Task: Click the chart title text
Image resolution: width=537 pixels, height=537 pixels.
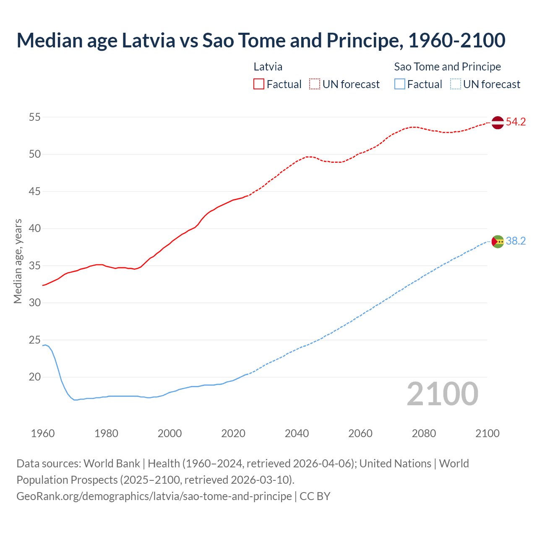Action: [x=261, y=40]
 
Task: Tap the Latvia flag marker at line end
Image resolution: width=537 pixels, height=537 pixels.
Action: [x=497, y=123]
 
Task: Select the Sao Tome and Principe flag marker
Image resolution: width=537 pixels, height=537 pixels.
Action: [x=497, y=241]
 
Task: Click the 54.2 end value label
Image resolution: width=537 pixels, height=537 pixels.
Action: [x=516, y=122]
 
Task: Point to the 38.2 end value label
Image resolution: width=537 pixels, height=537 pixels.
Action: [x=516, y=241]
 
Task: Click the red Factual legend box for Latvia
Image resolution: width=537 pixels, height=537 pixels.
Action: [x=259, y=84]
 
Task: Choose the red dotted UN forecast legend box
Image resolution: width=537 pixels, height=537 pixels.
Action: [x=315, y=84]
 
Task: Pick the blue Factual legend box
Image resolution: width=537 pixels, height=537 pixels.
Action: [x=400, y=84]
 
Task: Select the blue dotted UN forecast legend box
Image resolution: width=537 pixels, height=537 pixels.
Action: [x=456, y=84]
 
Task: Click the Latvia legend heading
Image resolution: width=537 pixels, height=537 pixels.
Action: [x=268, y=67]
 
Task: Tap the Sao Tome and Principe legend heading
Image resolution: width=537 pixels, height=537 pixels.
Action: [x=447, y=67]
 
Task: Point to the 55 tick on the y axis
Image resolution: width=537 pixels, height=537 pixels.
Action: [x=35, y=117]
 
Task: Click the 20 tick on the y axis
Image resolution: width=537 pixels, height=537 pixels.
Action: [x=35, y=377]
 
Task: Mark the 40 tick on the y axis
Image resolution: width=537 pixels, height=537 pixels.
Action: [x=35, y=229]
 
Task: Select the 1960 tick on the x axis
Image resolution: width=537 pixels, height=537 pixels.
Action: [x=43, y=433]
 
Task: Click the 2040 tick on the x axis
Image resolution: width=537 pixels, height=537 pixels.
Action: [x=297, y=433]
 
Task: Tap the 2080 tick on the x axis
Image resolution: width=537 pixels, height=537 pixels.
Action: [x=424, y=433]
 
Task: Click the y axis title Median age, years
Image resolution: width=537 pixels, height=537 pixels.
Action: [x=18, y=261]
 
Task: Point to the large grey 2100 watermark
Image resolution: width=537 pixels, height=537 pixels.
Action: [x=442, y=394]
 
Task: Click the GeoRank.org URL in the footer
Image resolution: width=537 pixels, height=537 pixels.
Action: [x=154, y=496]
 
